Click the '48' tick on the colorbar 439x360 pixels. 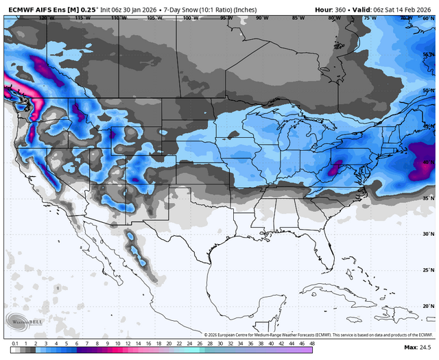click(312, 343)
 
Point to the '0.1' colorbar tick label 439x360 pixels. click(14, 343)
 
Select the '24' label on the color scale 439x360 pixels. click(189, 343)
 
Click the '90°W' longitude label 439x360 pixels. click(261, 19)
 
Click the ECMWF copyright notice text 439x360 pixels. click(316, 334)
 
